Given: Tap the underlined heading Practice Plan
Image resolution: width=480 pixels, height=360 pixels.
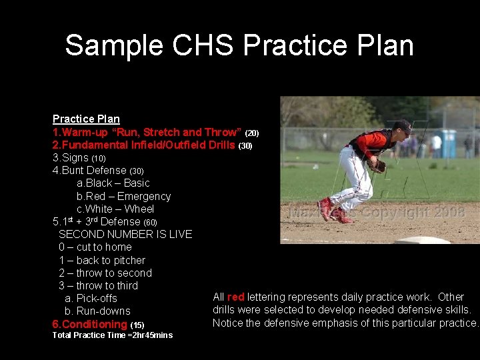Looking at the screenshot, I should [x=86, y=119].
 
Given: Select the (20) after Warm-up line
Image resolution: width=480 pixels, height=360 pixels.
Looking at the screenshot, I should [x=252, y=133].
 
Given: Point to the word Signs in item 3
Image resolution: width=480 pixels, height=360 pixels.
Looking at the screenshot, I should [x=75, y=157].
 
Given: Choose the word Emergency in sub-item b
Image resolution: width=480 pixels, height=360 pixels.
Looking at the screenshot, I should [x=144, y=196].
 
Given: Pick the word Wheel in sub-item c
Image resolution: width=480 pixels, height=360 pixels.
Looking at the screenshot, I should [x=139, y=209].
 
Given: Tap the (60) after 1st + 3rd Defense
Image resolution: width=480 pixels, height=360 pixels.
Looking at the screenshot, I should [x=150, y=222].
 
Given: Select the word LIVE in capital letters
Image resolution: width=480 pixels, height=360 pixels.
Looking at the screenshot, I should [x=179, y=234].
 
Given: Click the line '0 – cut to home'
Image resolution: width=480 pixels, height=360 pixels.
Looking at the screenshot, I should [x=95, y=247].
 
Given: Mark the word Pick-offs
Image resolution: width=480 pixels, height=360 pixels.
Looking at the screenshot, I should [x=97, y=298].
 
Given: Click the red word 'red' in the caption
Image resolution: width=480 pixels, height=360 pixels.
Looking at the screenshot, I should [x=235, y=297].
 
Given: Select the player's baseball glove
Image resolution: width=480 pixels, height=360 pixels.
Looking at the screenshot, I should [x=377, y=165].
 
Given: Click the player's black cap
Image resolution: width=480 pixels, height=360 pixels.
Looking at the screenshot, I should [x=403, y=126].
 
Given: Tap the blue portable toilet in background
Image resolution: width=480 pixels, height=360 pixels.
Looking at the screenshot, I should [x=449, y=143].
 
